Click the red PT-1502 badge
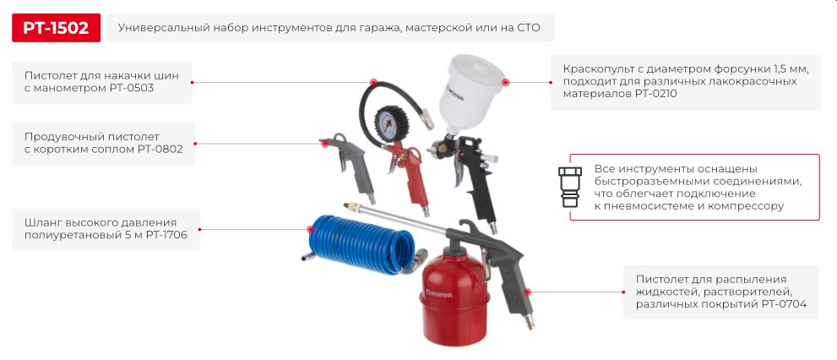coord(56,28)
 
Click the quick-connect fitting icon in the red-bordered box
coord(570,187)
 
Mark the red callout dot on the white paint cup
coord(506,83)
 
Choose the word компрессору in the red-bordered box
coord(744,206)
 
